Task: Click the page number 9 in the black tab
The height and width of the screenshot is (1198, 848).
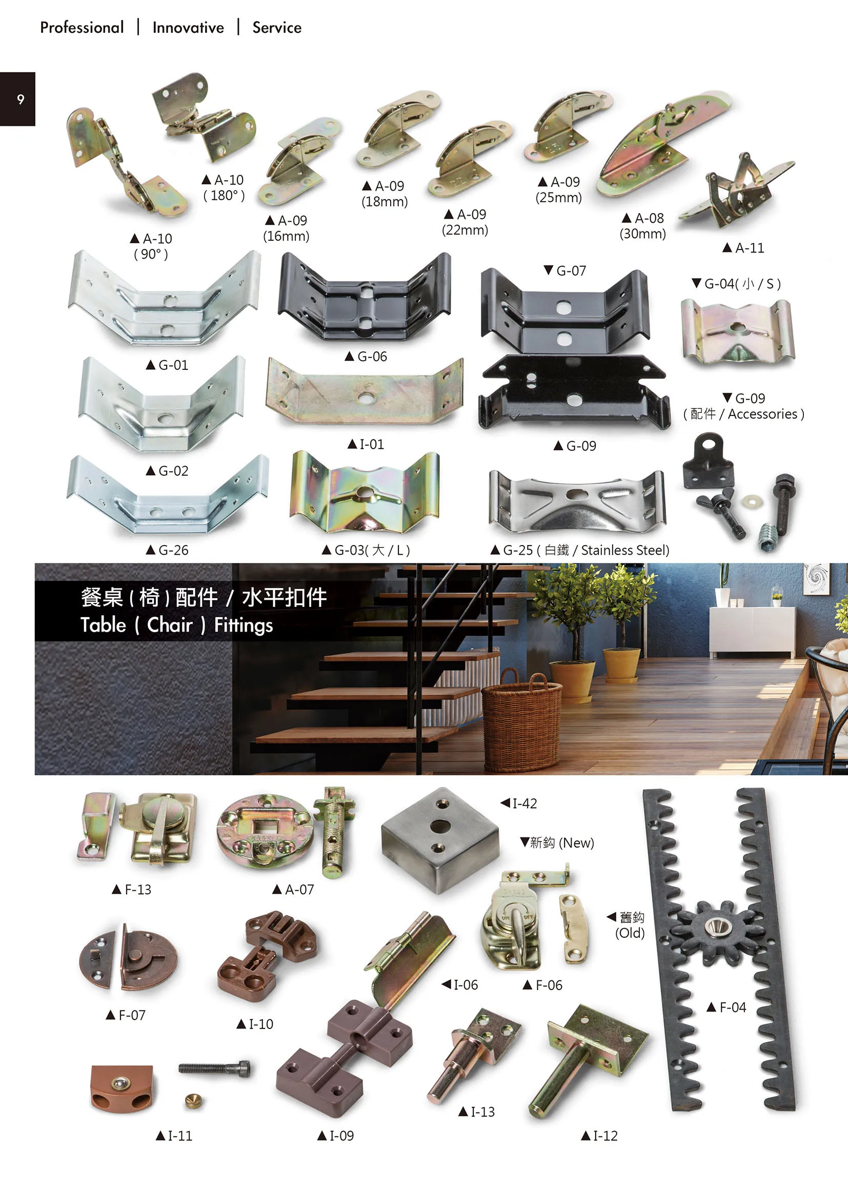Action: click(21, 99)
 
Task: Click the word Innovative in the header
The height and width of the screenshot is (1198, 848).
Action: click(188, 28)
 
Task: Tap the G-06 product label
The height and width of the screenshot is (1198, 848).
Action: click(366, 356)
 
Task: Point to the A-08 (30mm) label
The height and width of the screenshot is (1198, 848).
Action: click(643, 225)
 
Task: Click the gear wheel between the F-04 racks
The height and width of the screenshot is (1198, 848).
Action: click(714, 927)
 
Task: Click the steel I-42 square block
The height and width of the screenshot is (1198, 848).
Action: click(440, 839)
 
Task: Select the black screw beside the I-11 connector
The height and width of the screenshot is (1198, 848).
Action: click(214, 1068)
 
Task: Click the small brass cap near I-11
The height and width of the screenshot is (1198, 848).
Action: click(194, 1100)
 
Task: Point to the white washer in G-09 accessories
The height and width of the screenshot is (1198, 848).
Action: click(752, 501)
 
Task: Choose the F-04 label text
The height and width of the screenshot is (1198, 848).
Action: click(726, 1007)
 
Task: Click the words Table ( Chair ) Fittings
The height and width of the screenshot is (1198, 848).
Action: click(176, 624)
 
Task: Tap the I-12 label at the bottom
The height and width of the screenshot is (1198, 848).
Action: click(599, 1136)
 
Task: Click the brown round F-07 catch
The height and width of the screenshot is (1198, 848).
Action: click(128, 959)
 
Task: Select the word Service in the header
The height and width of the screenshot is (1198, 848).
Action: click(277, 28)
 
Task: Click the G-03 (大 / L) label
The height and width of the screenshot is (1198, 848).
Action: click(366, 550)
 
